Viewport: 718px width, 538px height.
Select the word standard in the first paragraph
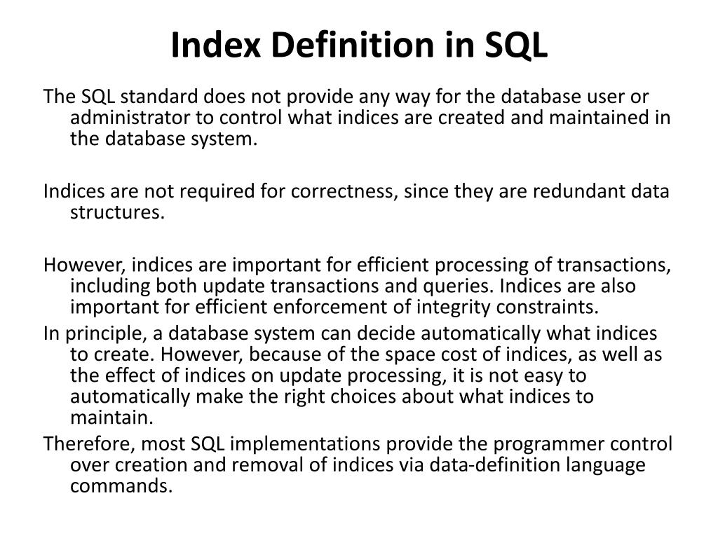click(x=151, y=96)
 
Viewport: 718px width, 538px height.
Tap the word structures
click(x=117, y=212)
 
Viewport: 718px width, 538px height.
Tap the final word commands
click(x=121, y=486)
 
